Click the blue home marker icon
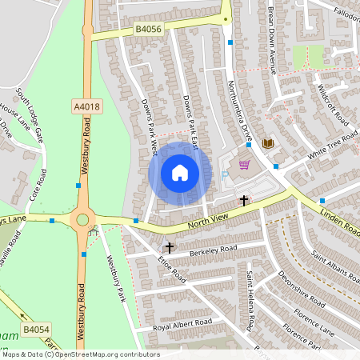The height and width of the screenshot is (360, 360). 180,173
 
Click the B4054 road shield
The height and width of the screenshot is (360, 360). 35,329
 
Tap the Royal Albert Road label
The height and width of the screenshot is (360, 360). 183,323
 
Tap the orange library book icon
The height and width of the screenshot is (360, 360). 268,143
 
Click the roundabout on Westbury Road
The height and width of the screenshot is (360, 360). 81,219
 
